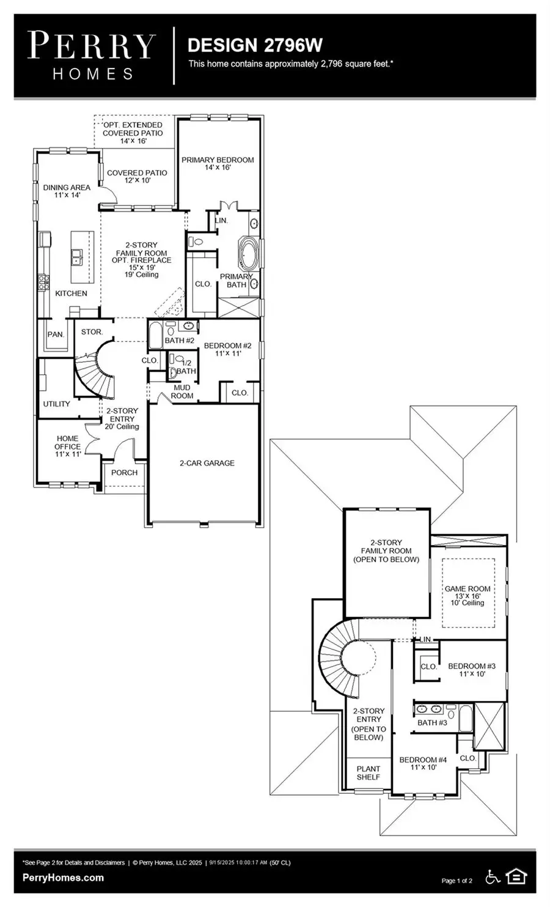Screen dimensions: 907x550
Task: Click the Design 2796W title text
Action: point(255,45)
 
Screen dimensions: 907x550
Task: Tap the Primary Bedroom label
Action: point(218,163)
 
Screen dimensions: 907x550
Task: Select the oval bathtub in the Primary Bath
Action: point(249,255)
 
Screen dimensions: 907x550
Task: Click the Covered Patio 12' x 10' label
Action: point(137,177)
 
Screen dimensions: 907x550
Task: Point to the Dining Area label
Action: point(67,191)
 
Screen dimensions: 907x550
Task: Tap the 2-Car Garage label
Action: point(207,463)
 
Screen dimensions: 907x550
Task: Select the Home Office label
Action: point(67,446)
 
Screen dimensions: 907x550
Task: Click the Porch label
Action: point(124,473)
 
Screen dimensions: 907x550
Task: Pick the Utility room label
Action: point(56,404)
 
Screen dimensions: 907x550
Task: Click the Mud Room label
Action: point(182,391)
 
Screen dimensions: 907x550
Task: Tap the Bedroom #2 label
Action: point(227,349)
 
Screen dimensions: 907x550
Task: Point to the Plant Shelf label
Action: point(368,772)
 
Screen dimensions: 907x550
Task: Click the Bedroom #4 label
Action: point(423,763)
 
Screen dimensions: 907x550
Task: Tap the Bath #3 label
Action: point(432,723)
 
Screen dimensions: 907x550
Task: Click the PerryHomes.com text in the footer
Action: point(63,878)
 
